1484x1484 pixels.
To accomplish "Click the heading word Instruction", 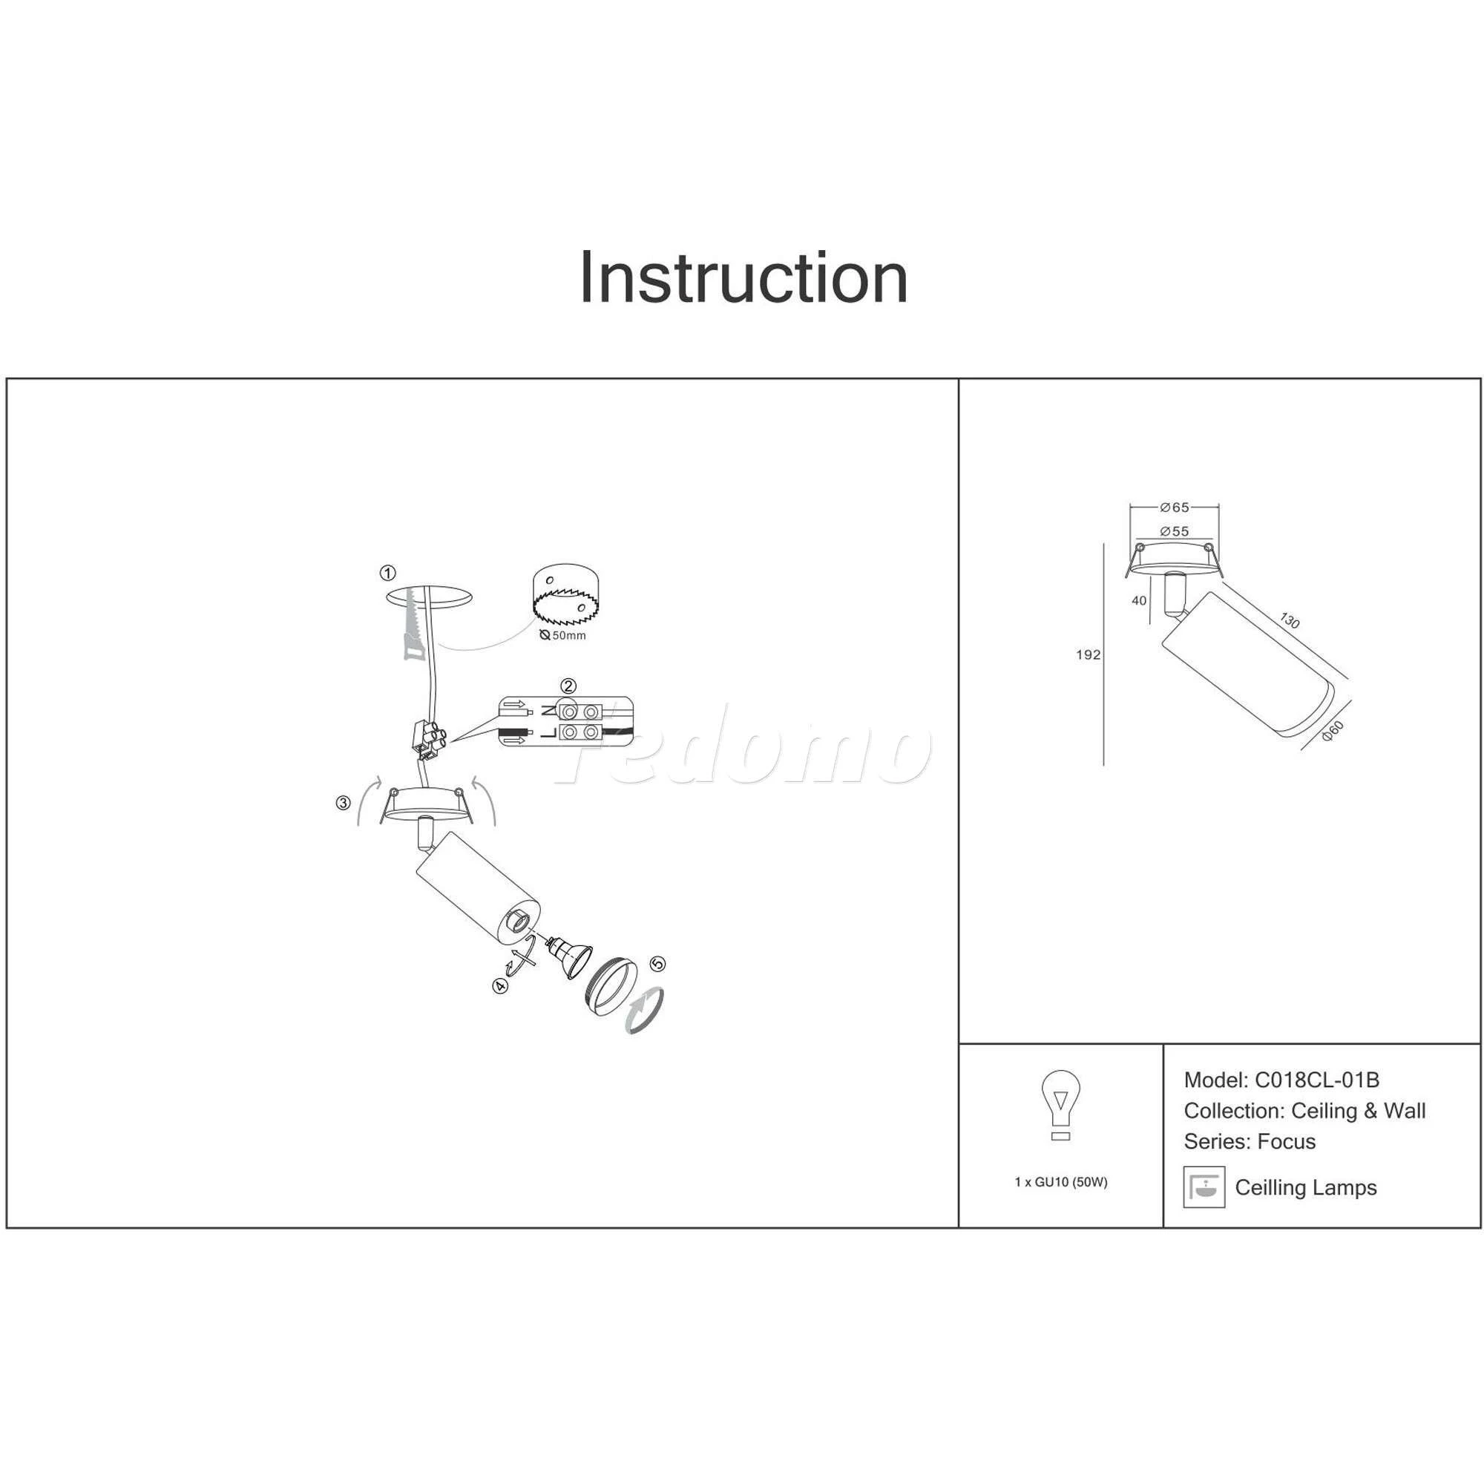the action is (x=743, y=278).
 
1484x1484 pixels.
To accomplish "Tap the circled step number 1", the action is (x=388, y=573).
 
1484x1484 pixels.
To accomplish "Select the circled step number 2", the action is (x=568, y=686).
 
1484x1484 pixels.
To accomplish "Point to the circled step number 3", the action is (x=344, y=804).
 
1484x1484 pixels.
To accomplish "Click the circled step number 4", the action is (x=501, y=985).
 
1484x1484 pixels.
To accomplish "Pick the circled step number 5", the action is (x=657, y=964).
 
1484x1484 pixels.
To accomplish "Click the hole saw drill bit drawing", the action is (x=565, y=596).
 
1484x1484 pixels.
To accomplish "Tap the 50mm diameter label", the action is (x=562, y=635).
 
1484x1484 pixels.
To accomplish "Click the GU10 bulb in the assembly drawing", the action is (x=568, y=956).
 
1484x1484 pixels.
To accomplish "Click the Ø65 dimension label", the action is (x=1175, y=507).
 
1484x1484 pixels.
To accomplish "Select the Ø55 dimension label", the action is (x=1175, y=531).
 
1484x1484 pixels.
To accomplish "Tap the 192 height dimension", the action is (x=1089, y=655).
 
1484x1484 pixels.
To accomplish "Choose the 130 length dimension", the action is (x=1290, y=620).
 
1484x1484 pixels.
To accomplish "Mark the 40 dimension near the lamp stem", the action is (x=1139, y=601).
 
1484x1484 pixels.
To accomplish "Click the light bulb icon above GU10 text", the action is (x=1061, y=1106).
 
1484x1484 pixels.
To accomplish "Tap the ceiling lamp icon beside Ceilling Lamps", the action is (x=1204, y=1187).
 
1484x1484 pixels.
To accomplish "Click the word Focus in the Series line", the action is (x=1287, y=1141).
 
